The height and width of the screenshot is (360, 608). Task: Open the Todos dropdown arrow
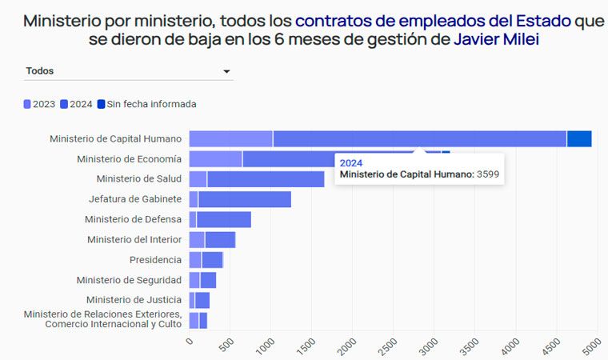[x=226, y=72]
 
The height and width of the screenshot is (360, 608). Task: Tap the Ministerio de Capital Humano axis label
[x=115, y=139]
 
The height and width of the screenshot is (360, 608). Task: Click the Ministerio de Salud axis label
[x=138, y=179]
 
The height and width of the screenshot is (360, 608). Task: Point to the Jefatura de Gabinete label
[x=134, y=199]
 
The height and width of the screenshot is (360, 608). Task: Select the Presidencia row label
[x=155, y=260]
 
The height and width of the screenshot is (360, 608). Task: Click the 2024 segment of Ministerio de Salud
[x=266, y=179]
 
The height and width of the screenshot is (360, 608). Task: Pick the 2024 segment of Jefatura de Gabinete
[x=244, y=199]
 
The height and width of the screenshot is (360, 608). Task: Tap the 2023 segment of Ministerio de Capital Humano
[x=230, y=138]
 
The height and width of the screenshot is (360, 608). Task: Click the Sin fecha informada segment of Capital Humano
[x=578, y=138]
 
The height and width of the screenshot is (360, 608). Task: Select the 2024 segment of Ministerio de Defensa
[x=223, y=219]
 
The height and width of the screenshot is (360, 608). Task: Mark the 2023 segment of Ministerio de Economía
[x=215, y=158]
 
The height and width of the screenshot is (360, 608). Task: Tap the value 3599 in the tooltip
[x=490, y=174]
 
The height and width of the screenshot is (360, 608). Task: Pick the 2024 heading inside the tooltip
[x=351, y=162]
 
